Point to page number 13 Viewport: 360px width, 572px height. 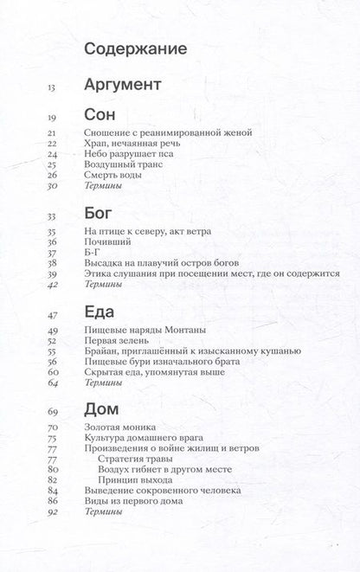click(51, 86)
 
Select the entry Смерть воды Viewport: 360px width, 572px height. click(118, 174)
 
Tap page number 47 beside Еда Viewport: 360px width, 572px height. click(51, 314)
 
